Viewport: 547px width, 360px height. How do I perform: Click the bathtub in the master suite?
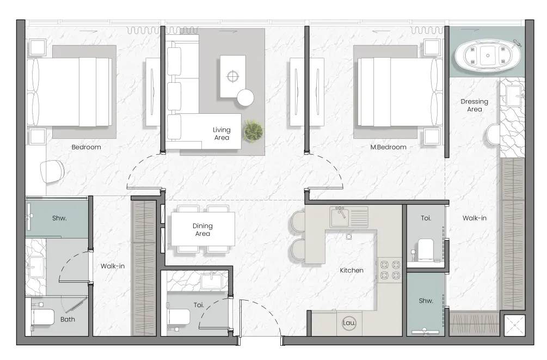coord(488,56)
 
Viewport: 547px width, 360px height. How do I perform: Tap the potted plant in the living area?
coord(253,131)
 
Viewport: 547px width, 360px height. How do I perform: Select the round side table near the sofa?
coord(245,97)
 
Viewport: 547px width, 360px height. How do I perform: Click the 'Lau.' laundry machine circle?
coord(349,323)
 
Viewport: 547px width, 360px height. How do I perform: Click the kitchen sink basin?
coord(339,217)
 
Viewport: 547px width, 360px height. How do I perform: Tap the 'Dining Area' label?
coord(202,230)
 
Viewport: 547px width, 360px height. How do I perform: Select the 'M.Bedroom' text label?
coord(388,148)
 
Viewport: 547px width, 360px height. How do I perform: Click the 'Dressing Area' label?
coord(475,106)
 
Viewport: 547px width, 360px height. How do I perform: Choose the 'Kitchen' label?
coord(352,270)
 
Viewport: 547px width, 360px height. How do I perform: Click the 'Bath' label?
coord(67,319)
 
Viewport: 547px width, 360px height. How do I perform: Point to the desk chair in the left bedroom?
coord(52,172)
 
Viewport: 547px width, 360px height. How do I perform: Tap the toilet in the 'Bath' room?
coord(42,318)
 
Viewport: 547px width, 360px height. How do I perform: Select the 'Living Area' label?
coord(222,134)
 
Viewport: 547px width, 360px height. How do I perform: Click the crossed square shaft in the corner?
coord(514,326)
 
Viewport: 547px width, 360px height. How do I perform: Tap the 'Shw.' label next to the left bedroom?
coord(59,218)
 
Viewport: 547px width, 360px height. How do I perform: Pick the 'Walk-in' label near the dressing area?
coord(475,218)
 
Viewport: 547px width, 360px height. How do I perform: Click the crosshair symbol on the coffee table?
coord(233,76)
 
